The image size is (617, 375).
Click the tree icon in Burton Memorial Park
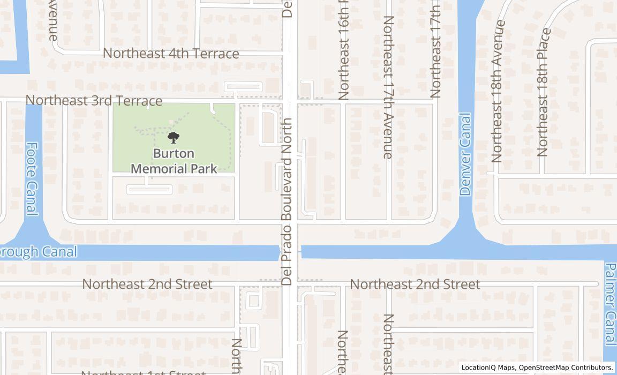click(173, 138)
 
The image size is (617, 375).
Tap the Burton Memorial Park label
click(174, 161)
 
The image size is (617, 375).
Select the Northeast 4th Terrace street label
click(171, 54)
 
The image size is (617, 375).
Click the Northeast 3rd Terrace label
click(94, 101)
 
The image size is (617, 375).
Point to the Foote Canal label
click(33, 179)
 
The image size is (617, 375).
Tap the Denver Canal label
click(465, 154)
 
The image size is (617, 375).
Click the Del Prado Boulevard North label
click(287, 201)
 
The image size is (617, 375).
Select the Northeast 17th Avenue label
click(388, 87)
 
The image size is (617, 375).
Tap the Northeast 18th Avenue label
click(498, 91)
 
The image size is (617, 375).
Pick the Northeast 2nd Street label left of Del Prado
click(147, 284)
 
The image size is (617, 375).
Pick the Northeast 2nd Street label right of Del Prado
click(415, 284)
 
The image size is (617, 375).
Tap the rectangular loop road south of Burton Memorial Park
click(149, 189)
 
